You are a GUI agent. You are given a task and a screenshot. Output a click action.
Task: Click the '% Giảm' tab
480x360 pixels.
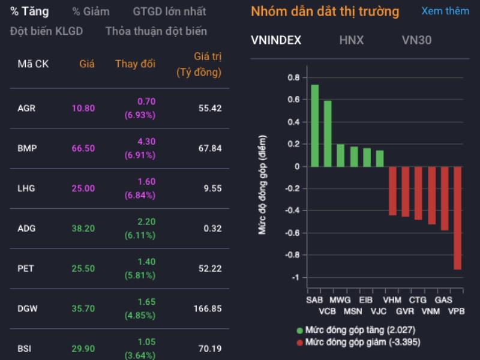(91, 11)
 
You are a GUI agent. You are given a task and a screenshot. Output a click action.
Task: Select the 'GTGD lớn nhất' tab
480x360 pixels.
(169, 11)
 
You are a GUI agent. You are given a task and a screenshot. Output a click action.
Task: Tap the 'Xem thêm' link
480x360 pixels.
(445, 11)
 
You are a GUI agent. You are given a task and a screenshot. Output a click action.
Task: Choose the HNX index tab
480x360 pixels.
(352, 40)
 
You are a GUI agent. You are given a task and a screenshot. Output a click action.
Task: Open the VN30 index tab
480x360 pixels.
(416, 40)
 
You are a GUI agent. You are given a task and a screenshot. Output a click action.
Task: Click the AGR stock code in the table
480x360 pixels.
(26, 109)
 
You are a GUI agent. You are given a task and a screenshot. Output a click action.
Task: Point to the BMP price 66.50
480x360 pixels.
(83, 148)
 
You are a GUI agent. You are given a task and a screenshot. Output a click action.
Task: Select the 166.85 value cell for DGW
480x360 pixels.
(208, 308)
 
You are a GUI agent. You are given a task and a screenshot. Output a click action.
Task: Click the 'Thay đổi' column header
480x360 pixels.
(135, 64)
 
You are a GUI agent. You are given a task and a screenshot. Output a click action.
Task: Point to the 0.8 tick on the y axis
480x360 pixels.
(293, 77)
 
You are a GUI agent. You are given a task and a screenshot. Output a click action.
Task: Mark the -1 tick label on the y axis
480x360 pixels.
(295, 277)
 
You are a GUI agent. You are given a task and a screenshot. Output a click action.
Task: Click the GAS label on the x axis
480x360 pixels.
(443, 299)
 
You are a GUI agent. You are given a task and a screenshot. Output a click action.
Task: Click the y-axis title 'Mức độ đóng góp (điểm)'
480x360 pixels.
(263, 184)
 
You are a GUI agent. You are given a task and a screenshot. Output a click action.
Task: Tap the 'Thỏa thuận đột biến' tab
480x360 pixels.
(156, 31)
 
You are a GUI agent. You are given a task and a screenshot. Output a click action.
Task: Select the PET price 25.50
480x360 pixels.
(83, 268)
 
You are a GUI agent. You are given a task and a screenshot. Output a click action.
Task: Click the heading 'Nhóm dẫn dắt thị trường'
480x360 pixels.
(325, 11)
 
